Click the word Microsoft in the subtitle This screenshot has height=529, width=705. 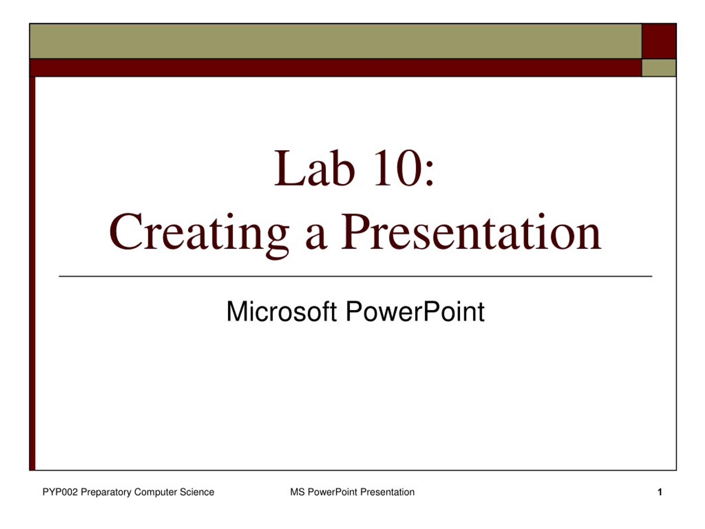click(281, 311)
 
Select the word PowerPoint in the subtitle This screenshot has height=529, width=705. click(415, 311)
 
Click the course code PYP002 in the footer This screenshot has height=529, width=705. click(60, 492)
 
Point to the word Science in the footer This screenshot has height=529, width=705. click(197, 492)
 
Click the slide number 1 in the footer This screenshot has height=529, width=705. click(660, 492)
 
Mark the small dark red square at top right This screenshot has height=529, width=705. click(659, 41)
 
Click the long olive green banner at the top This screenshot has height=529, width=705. click(336, 41)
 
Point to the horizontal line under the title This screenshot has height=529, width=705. click(355, 276)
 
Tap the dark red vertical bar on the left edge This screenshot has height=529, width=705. click(32, 273)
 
